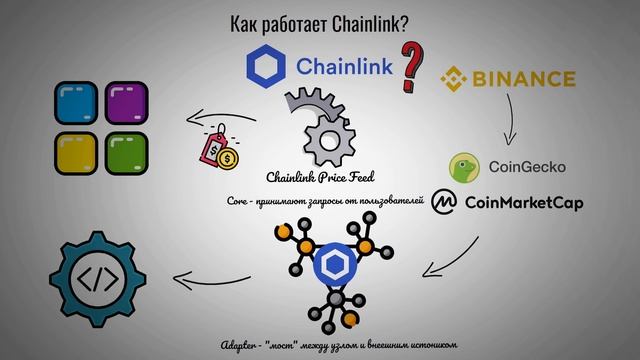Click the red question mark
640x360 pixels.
click(410, 67)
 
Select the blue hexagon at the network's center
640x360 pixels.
click(330, 268)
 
